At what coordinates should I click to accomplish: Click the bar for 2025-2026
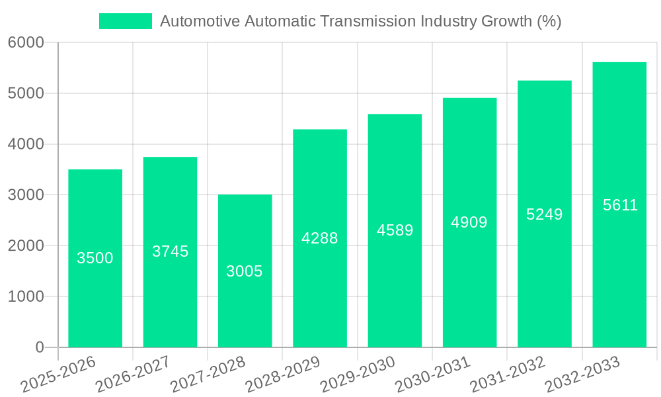(95, 298)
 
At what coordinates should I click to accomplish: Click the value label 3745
(171, 251)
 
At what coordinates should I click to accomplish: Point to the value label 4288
(320, 238)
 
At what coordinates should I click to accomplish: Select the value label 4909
(469, 222)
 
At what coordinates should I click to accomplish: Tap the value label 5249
(545, 214)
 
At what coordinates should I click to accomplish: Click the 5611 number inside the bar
(620, 205)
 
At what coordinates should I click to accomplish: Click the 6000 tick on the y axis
(26, 43)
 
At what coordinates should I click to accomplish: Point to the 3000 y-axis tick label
(26, 195)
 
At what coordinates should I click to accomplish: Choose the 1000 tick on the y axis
(26, 296)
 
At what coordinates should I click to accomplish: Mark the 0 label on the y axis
(39, 347)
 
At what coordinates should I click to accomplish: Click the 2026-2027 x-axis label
(132, 375)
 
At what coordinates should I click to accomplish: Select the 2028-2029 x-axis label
(282, 375)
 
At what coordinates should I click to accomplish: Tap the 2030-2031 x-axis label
(432, 375)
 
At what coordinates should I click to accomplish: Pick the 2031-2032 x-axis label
(507, 375)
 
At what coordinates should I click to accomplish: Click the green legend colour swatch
(126, 21)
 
